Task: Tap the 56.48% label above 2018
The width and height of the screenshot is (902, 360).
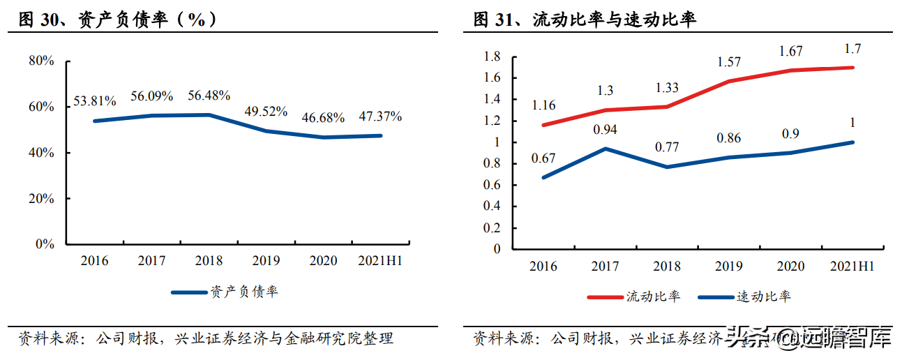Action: pyautogui.click(x=209, y=96)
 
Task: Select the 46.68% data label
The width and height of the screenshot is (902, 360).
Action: pyautogui.click(x=323, y=118)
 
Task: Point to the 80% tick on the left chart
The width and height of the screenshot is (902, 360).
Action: pyautogui.click(x=41, y=61)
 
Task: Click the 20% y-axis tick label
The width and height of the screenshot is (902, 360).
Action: pyautogui.click(x=41, y=199)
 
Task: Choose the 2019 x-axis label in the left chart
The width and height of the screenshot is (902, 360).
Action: pyautogui.click(x=265, y=262)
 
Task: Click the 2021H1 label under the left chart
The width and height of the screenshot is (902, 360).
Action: pyautogui.click(x=380, y=262)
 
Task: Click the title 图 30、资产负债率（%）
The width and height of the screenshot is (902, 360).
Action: pyautogui.click(x=119, y=20)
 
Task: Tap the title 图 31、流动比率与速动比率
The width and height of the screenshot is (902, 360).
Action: pyautogui.click(x=585, y=20)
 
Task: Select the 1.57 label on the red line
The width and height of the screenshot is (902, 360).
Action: pyautogui.click(x=729, y=62)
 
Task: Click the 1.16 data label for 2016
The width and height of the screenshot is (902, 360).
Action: pyautogui.click(x=543, y=105)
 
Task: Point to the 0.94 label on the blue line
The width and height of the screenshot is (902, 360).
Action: pyautogui.click(x=605, y=129)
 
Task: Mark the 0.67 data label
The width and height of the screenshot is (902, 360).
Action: pyautogui.click(x=543, y=158)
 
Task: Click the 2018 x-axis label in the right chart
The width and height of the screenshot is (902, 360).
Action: pyautogui.click(x=666, y=267)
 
